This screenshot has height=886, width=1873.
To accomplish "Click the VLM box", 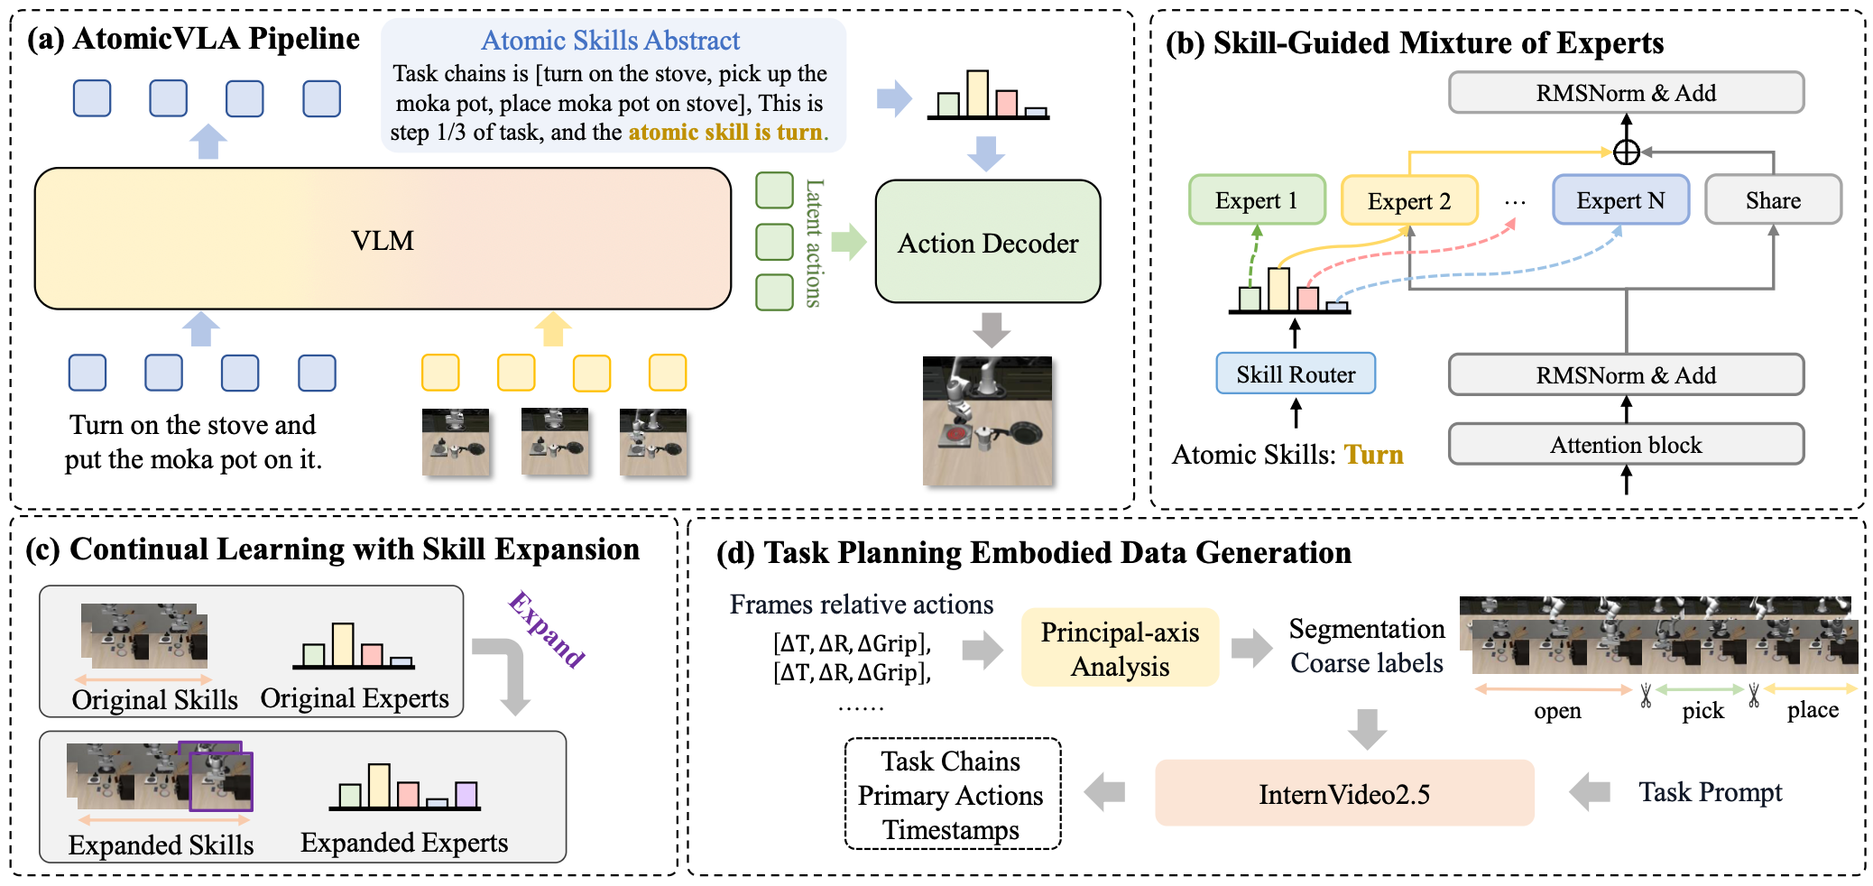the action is click(x=383, y=239).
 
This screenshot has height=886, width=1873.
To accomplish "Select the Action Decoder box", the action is click(x=988, y=242).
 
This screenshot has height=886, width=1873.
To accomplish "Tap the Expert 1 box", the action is click(x=1257, y=199).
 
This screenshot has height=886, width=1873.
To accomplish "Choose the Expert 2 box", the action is click(x=1409, y=200).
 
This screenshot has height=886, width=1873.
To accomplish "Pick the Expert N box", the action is click(x=1620, y=199).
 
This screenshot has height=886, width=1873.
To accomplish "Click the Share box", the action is click(x=1773, y=199).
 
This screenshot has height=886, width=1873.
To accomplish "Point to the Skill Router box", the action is click(x=1296, y=374).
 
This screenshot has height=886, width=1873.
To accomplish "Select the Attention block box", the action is click(x=1626, y=444).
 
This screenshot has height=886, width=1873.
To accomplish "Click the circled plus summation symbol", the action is click(x=1626, y=152).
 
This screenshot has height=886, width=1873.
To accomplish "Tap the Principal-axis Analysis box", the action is click(x=1120, y=648).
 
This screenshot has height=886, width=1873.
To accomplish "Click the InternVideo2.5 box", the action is click(x=1344, y=793).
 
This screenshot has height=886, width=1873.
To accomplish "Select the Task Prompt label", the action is click(x=1711, y=792).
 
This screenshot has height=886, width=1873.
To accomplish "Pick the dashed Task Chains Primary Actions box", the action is click(x=952, y=794).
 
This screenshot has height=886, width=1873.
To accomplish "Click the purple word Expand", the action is click(x=547, y=629).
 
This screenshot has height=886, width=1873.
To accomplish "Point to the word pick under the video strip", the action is click(x=1702, y=710).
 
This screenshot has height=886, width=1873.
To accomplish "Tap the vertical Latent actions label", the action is click(x=814, y=243).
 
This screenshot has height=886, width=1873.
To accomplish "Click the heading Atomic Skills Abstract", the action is click(x=610, y=41).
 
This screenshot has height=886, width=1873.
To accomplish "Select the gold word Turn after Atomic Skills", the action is click(x=1374, y=454).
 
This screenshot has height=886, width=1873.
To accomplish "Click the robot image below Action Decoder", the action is click(x=987, y=421).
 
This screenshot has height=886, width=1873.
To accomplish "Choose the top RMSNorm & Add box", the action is click(x=1626, y=92).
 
